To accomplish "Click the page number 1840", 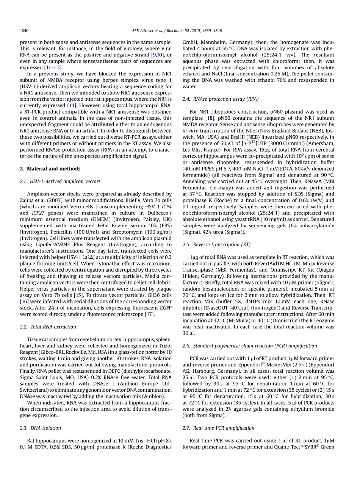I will click(24, 30).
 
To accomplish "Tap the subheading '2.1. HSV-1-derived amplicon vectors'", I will click(60, 181).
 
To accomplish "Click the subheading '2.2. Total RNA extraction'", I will click(48, 327).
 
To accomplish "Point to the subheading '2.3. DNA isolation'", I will click(40, 428).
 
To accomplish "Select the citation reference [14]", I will click(72, 105).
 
